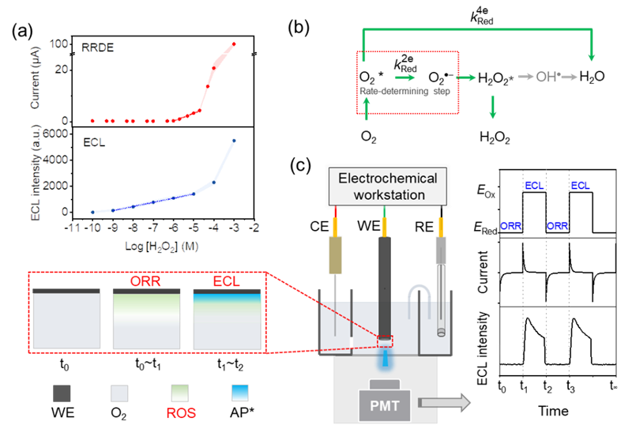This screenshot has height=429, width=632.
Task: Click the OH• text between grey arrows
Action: tap(547, 77)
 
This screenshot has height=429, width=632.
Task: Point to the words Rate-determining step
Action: tap(404, 92)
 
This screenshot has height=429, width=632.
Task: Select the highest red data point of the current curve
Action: tap(234, 44)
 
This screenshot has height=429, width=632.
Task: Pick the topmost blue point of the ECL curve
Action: tap(234, 141)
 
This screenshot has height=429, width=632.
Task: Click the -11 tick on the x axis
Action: tap(74, 228)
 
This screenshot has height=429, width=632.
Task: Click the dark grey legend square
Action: tap(62, 393)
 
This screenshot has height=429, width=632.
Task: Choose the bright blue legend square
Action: tap(239, 393)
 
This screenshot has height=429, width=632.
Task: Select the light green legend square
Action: tap(181, 393)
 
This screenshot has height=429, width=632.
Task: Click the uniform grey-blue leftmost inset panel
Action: tap(66, 321)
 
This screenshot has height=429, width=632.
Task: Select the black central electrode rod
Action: tap(385, 284)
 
